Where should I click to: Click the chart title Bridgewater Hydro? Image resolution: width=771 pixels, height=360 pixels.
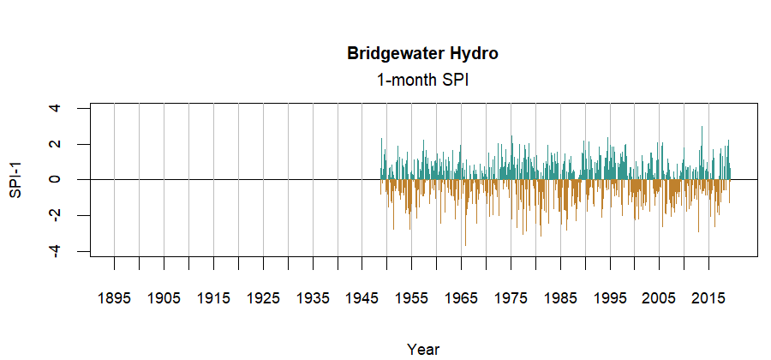(422, 53)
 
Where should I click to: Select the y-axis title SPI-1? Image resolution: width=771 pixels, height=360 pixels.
(15, 179)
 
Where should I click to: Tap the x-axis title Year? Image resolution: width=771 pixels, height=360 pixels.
(423, 349)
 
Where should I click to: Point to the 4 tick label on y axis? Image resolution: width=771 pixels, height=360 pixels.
(56, 108)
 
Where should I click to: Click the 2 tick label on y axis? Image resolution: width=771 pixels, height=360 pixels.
(56, 144)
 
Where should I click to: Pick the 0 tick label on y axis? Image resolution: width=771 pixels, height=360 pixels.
(56, 179)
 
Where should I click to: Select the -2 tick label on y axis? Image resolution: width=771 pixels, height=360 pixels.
(56, 215)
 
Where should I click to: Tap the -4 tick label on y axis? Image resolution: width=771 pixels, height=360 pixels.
(56, 250)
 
